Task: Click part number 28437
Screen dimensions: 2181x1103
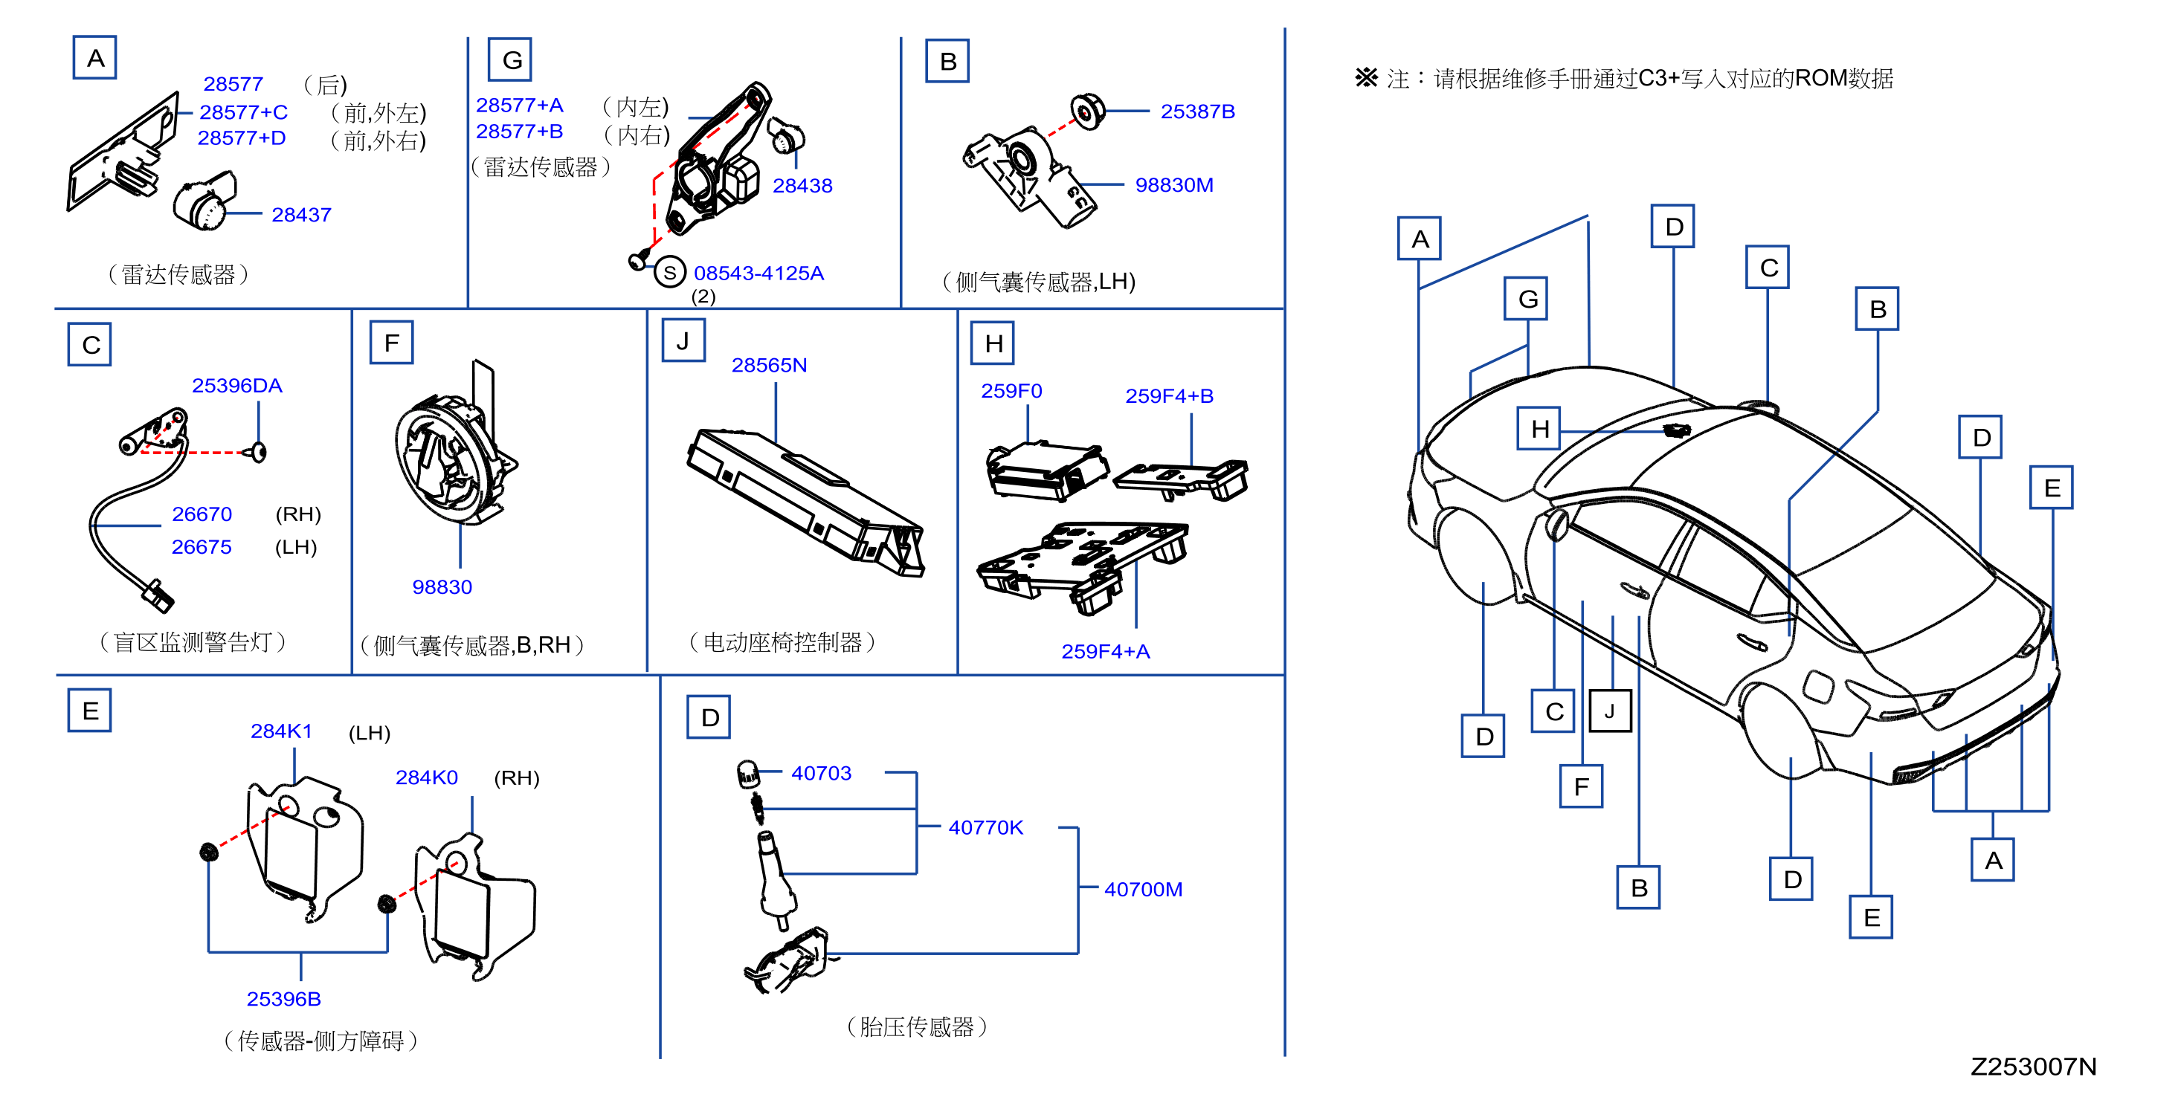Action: [300, 215]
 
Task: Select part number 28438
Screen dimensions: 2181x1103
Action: [802, 185]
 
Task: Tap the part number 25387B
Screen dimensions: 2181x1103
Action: [1197, 111]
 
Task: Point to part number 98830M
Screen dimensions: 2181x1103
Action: [1173, 184]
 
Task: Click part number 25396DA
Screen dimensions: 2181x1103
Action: [237, 385]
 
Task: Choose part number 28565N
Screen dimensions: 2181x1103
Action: [769, 365]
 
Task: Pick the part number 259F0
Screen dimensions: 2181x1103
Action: [1011, 391]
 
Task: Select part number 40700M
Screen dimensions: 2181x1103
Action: [1143, 889]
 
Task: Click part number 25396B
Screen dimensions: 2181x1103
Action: [283, 999]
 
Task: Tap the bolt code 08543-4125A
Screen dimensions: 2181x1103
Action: [758, 274]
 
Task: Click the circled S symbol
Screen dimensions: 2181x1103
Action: [670, 273]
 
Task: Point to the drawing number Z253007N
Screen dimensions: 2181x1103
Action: [2033, 1067]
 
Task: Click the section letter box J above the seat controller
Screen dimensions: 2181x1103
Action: [683, 341]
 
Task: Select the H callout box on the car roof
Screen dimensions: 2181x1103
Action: [1539, 428]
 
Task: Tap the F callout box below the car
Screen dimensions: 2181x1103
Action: [1581, 786]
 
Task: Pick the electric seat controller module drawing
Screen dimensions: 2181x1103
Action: [805, 503]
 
